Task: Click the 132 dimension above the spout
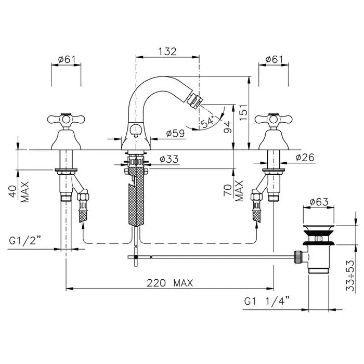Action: point(167,51)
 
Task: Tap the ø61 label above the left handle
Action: point(67,59)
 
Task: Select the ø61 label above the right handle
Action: point(274,59)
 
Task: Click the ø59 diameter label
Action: point(175,133)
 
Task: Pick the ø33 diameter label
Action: point(169,159)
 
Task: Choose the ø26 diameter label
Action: point(305,158)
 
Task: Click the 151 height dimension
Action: point(243,112)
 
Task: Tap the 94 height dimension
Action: point(228,126)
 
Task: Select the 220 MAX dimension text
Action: point(170,283)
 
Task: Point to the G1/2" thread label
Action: point(25,241)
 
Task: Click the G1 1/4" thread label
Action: point(267,301)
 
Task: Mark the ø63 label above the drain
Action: point(319,202)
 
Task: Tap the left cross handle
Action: point(66,119)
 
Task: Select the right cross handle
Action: point(274,119)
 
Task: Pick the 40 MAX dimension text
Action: point(20,192)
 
